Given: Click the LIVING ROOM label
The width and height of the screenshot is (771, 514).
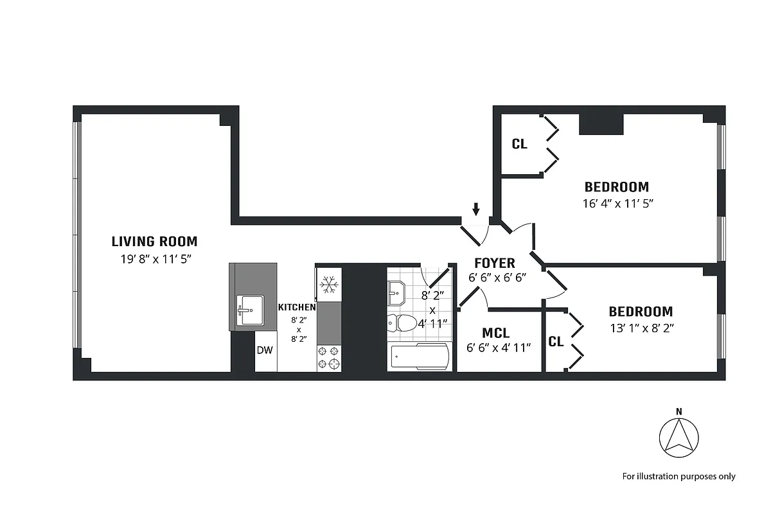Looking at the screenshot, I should point(154,242).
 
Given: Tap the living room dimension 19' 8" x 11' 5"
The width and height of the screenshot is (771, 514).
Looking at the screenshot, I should point(154,260).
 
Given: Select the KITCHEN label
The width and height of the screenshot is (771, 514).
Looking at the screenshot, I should point(296,308).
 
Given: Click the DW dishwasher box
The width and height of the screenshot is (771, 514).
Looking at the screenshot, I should point(265,350).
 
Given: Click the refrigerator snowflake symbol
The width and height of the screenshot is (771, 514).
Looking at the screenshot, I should point(329,283).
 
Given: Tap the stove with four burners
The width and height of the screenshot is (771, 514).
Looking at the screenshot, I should point(329,357).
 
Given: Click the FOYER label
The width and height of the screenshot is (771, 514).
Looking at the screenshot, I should point(494,263).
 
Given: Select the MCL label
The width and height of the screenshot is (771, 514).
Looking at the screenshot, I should point(495,333).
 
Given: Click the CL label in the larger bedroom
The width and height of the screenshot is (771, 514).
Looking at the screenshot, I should point(519,145).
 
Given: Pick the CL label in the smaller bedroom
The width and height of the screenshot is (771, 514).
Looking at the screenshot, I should point(556,342).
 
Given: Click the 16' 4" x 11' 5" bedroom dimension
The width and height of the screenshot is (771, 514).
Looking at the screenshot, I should point(616,204).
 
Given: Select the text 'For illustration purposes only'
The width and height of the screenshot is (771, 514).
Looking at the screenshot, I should point(678,476).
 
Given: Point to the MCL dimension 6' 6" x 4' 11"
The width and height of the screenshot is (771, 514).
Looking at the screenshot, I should point(499,348).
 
